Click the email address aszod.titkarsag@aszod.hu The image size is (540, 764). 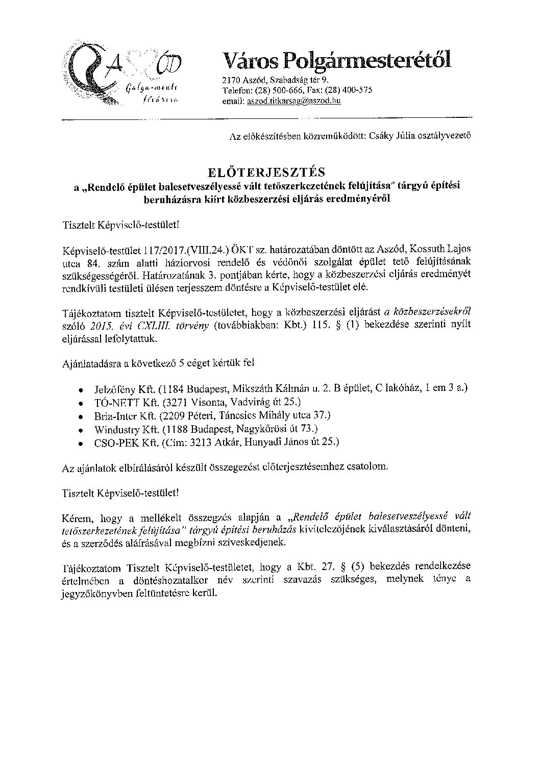tap(293, 101)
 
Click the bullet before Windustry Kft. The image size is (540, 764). tap(82, 429)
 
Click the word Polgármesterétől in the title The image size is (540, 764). tap(367, 61)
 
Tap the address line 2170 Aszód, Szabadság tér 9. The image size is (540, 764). tap(276, 81)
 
